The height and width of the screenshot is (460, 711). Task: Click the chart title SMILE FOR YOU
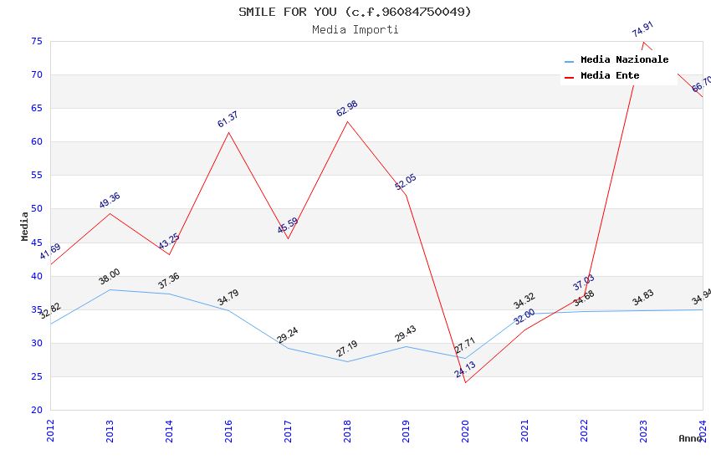point(355,12)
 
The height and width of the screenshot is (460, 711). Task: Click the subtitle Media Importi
point(355,30)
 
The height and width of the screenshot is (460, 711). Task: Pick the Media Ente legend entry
point(610,76)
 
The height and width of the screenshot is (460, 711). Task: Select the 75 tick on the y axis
point(36,41)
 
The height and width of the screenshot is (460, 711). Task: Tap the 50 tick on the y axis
point(36,209)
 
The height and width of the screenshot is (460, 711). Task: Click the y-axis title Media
point(25,226)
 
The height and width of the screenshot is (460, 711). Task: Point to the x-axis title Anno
point(690,438)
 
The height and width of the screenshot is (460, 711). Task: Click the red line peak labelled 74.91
point(643,42)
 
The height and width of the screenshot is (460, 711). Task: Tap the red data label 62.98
point(346,109)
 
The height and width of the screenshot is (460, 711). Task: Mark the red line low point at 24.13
point(465,382)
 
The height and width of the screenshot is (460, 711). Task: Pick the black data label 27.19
point(346,348)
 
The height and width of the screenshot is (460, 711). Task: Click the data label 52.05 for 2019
point(405,182)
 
